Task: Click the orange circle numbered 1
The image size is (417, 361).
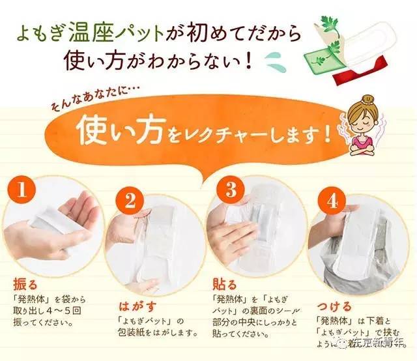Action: click(x=24, y=190)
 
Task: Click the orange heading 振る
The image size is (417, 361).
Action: click(x=26, y=285)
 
